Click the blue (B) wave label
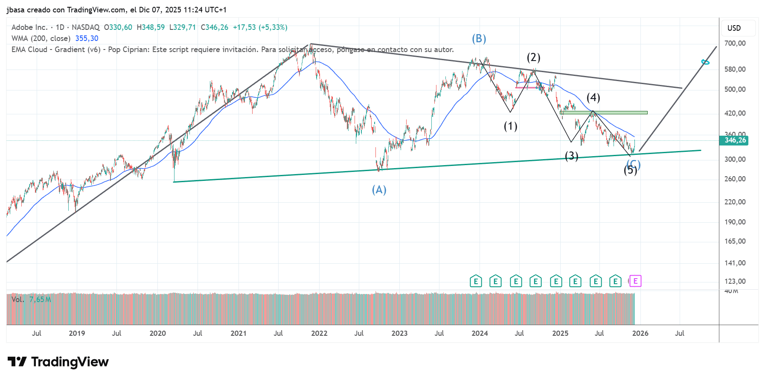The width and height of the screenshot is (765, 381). pyautogui.click(x=479, y=39)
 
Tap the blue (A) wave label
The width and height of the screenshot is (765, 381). pyautogui.click(x=379, y=190)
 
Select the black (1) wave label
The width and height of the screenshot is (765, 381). pyautogui.click(x=510, y=126)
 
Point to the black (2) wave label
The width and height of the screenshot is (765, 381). pyautogui.click(x=533, y=58)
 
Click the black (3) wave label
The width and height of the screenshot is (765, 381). pyautogui.click(x=571, y=156)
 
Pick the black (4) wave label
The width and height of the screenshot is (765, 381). pyautogui.click(x=593, y=98)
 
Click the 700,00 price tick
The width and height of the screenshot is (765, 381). pyautogui.click(x=735, y=43)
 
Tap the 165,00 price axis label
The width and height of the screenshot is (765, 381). pyautogui.click(x=735, y=241)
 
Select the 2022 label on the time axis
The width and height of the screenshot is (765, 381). pyautogui.click(x=319, y=333)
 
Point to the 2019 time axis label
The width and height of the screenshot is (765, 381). pyautogui.click(x=77, y=333)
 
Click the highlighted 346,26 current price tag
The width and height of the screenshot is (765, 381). pyautogui.click(x=735, y=140)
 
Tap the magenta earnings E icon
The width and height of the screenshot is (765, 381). pyautogui.click(x=635, y=281)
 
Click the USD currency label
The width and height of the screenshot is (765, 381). pyautogui.click(x=734, y=28)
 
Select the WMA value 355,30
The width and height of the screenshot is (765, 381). pyautogui.click(x=87, y=38)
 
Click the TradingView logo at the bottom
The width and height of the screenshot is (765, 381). pyautogui.click(x=58, y=362)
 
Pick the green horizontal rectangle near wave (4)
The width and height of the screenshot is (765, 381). pyautogui.click(x=604, y=113)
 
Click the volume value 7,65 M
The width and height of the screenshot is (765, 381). pyautogui.click(x=40, y=300)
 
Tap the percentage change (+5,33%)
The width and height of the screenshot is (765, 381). pyautogui.click(x=273, y=27)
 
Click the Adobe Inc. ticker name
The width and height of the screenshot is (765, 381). pyautogui.click(x=29, y=27)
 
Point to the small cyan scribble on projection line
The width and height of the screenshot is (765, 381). pyautogui.click(x=705, y=62)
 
